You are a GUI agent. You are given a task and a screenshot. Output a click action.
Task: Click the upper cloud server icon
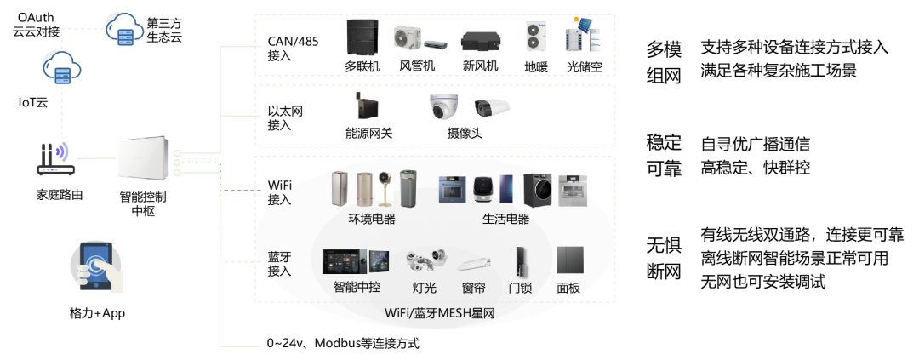[125, 31]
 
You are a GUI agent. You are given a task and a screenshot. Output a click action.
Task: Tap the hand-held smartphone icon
[96, 266]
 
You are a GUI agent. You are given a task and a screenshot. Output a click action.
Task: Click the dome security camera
[442, 107]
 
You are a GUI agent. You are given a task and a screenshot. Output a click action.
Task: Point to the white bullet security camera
[492, 108]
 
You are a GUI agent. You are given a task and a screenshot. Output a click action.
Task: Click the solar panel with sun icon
[583, 24]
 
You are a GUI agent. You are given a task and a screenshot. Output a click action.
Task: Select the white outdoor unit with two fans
[536, 36]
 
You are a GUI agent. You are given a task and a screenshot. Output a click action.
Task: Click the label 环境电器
[372, 219]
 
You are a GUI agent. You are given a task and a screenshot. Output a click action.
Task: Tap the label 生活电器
[505, 219]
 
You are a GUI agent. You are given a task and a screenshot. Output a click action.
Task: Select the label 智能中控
[357, 288]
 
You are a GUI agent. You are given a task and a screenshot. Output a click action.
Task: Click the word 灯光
[425, 288]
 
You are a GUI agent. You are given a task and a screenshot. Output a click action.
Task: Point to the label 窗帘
[473, 288]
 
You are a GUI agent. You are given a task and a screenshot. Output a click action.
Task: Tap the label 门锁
[520, 288]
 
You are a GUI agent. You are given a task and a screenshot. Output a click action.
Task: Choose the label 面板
[568, 288]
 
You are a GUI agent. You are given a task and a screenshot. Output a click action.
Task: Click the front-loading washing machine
[538, 190]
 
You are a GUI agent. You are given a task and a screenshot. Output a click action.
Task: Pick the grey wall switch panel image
[569, 260]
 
